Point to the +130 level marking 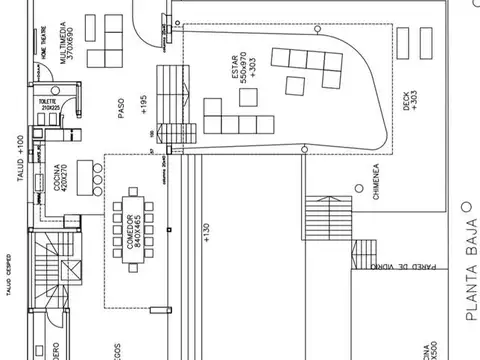tap(205, 233)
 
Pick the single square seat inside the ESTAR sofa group tap(298, 83)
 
